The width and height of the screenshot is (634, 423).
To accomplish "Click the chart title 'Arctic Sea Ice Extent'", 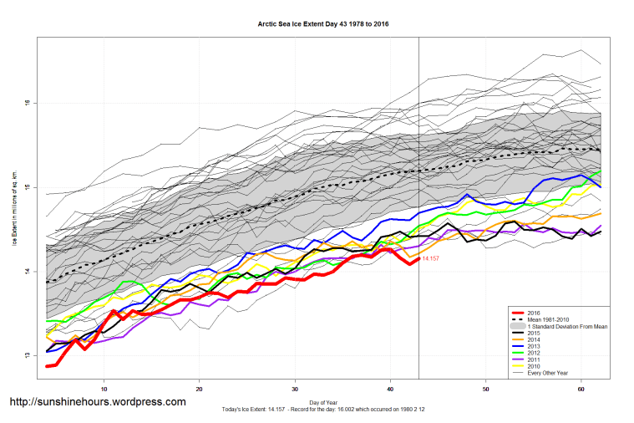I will tap(323, 24).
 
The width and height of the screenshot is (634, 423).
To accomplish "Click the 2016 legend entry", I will tap(535, 311).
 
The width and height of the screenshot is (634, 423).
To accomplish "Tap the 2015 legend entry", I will tap(535, 334).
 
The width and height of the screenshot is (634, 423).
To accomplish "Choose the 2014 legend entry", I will tap(535, 341).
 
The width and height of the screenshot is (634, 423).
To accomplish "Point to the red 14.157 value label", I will tap(431, 260).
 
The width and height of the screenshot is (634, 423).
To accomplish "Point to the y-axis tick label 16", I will tap(27, 104).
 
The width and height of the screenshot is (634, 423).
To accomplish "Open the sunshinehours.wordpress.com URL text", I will tap(97, 402).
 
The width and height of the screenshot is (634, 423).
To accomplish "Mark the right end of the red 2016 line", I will tap(418, 259).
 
